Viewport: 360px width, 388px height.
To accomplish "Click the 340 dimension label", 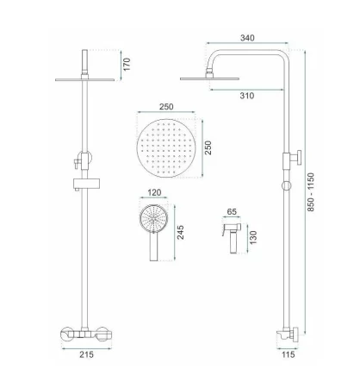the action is tap(247, 38).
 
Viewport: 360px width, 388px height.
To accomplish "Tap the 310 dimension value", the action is tap(247, 96).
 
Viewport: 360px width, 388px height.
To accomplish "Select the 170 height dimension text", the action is tap(127, 65).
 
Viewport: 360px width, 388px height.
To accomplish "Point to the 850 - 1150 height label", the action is tap(311, 192).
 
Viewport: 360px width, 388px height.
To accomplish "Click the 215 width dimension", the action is tap(86, 354).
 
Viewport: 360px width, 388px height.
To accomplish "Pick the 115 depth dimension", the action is tap(288, 354).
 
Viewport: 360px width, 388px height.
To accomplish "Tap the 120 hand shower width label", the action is tap(154, 192).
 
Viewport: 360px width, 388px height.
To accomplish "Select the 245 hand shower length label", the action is tap(180, 232).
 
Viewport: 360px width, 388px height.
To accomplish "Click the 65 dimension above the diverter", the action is tap(232, 212).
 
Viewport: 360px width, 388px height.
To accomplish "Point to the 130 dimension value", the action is tap(253, 237).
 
